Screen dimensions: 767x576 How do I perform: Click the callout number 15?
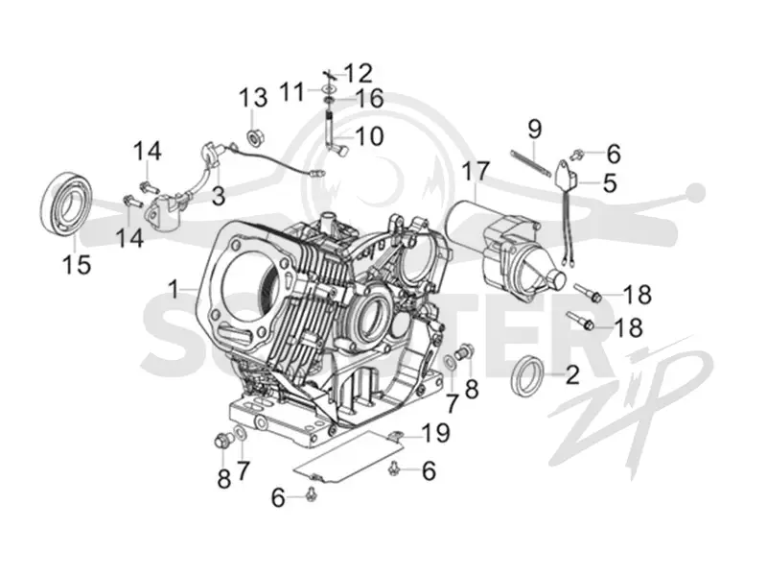tap(77, 265)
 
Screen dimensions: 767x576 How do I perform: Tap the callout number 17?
tap(476, 172)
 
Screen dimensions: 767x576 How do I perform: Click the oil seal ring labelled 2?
tap(526, 375)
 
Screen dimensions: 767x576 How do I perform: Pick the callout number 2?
tap(571, 374)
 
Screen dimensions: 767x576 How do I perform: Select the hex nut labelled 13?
tap(255, 136)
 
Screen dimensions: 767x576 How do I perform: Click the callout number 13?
tap(253, 98)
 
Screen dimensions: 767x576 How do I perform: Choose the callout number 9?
tap(535, 130)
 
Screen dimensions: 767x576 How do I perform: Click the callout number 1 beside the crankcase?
tap(174, 289)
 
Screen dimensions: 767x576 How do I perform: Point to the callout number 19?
tap(436, 433)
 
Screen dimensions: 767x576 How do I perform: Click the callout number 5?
tap(610, 183)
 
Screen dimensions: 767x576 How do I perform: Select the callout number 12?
tap(358, 74)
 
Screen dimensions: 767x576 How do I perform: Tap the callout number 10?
tap(369, 136)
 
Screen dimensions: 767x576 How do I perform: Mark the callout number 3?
tap(219, 197)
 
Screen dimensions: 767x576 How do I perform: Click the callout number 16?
tap(369, 99)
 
